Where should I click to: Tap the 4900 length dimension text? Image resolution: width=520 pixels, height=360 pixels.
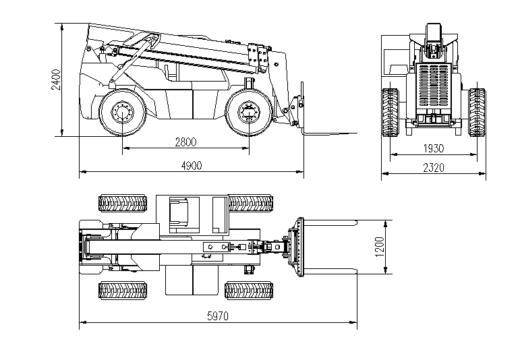point(192,166)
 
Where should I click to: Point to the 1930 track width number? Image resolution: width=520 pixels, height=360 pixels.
point(434,148)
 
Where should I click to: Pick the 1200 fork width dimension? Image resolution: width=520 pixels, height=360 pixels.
point(379,247)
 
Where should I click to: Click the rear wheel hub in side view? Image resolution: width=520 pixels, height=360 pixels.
point(123,113)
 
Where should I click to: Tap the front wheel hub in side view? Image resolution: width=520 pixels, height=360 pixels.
point(248,113)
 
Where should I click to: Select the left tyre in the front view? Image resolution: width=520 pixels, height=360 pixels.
point(390,112)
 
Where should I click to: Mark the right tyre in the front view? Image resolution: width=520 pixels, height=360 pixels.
point(477,112)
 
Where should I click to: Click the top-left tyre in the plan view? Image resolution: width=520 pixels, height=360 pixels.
point(123,202)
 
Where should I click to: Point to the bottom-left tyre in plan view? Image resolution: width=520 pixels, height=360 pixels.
point(123,291)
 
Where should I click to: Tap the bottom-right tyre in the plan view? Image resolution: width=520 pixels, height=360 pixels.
point(248,291)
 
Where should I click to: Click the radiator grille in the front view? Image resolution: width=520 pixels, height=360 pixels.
point(434,88)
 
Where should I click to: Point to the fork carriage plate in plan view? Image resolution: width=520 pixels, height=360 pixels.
point(301,246)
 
